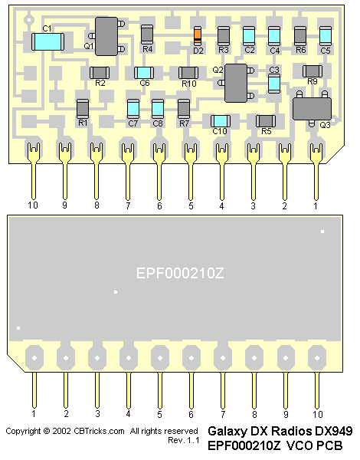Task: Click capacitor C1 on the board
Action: pos(47,41)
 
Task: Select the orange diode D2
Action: pos(198,36)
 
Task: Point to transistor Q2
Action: pos(236,83)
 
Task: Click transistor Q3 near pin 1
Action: pos(312,109)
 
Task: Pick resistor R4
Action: pos(147,34)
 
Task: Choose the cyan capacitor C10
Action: pos(221,121)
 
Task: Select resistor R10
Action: pos(188,73)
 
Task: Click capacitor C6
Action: pos(144,73)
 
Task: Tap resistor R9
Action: pos(313,71)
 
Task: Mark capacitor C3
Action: pos(274,84)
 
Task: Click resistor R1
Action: pos(83,109)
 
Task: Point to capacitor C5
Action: pos(326,36)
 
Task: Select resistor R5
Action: pos(266,121)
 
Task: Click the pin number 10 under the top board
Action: pos(33,205)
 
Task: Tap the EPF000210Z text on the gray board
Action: pos(180,274)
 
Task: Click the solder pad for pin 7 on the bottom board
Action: pos(223,358)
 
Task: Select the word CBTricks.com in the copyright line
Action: pos(99,431)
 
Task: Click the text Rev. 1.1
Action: pos(184,440)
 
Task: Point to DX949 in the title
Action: pos(334,431)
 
